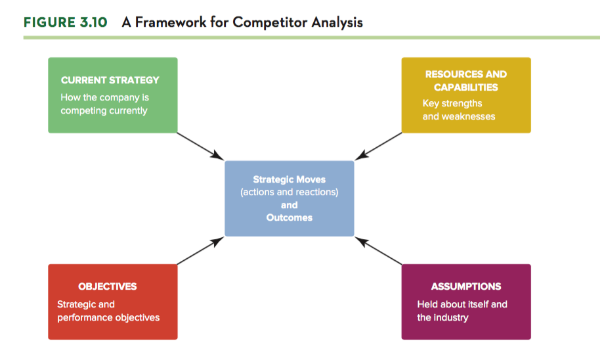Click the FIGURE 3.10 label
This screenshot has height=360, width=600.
tap(66, 22)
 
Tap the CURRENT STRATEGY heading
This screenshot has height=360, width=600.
tap(110, 80)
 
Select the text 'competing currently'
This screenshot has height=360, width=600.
tap(104, 110)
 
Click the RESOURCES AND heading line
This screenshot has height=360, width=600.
tap(466, 74)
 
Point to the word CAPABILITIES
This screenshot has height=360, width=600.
tap(466, 87)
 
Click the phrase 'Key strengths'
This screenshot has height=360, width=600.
tap(452, 103)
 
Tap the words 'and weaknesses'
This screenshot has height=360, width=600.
tap(459, 116)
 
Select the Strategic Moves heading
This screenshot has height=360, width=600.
tap(289, 179)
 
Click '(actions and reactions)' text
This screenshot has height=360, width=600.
tap(289, 192)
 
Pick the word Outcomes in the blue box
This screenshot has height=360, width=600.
tap(289, 217)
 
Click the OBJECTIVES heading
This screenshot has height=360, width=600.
tap(108, 286)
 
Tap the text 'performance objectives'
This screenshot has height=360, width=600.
tap(108, 317)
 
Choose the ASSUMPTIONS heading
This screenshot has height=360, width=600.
tap(466, 286)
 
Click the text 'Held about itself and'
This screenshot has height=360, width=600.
tap(462, 304)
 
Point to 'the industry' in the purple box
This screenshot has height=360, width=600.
tap(442, 317)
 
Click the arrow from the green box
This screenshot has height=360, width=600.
tap(200, 146)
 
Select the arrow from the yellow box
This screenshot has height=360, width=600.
tap(378, 146)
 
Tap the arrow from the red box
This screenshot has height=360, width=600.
tap(200, 250)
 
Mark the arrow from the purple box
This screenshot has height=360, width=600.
tap(378, 250)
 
